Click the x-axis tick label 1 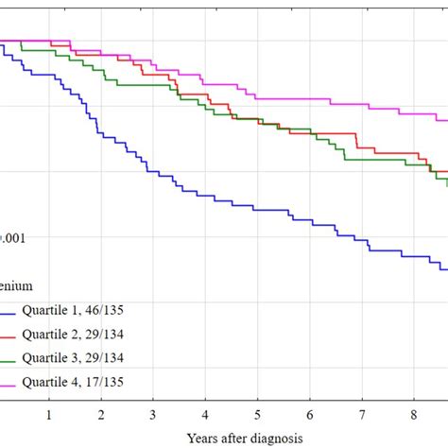pyautogui.click(x=49, y=414)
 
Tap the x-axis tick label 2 pyautogui.click(x=101, y=414)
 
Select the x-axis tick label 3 pyautogui.click(x=153, y=414)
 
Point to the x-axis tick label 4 pyautogui.click(x=205, y=414)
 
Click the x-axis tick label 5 pyautogui.click(x=257, y=414)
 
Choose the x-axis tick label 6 pyautogui.click(x=310, y=414)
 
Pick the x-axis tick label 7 pyautogui.click(x=362, y=414)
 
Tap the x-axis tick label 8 pyautogui.click(x=414, y=414)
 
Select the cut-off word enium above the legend pyautogui.click(x=17, y=284)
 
